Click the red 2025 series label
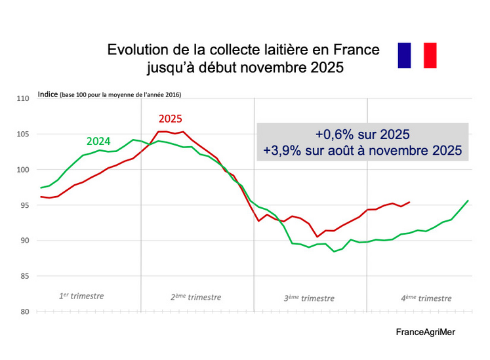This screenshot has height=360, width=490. (x=170, y=119)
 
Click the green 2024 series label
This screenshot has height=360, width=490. (x=98, y=141)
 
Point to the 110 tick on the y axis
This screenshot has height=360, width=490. (x=23, y=99)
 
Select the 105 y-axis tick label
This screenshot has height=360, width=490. (x=23, y=134)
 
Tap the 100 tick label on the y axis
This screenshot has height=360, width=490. (x=23, y=170)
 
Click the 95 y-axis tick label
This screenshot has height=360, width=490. (x=24, y=205)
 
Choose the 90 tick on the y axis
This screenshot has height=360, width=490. (x=24, y=241)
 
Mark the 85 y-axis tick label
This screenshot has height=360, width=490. (x=24, y=276)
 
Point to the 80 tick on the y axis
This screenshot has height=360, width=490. (x=24, y=311)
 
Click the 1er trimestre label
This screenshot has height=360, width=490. (x=81, y=296)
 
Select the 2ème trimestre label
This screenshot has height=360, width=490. (x=195, y=296)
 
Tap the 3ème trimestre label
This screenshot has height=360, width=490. (x=309, y=298)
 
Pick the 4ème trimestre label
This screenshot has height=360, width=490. (x=426, y=298)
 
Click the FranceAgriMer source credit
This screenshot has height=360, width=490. (x=425, y=332)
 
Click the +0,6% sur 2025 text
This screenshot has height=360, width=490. (x=362, y=134)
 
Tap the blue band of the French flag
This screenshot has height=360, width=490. (x=405, y=55)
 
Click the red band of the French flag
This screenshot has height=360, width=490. (x=430, y=55)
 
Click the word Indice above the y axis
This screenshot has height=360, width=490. (x=48, y=94)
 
